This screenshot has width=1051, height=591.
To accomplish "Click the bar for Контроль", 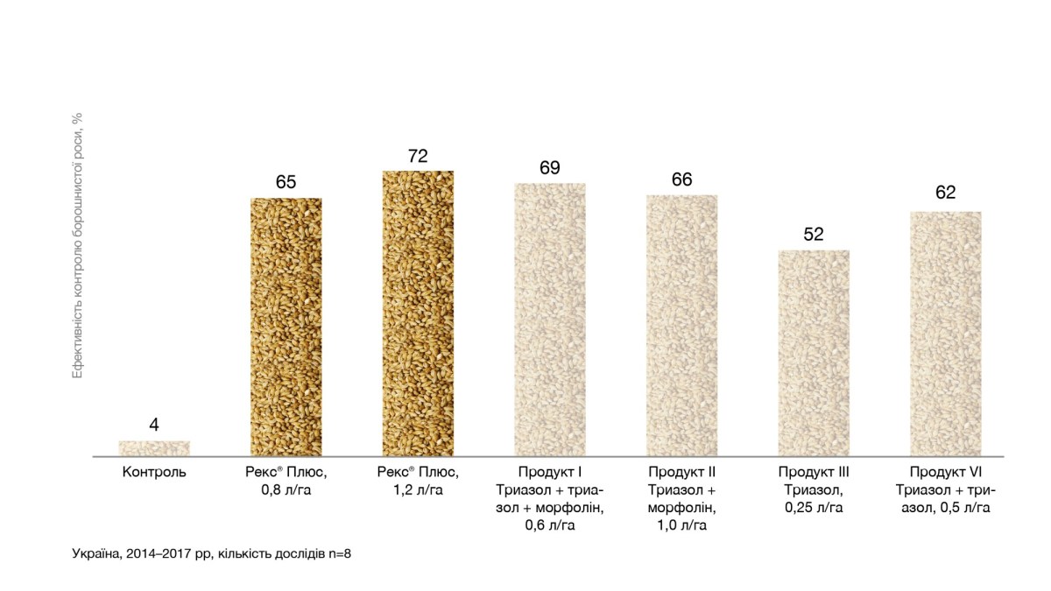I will coord(154,448).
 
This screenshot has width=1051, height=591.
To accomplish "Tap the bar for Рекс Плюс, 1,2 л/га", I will coord(418,313).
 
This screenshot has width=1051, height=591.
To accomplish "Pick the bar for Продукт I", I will coord(550,320).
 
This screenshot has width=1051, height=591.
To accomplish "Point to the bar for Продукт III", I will coord(814,353).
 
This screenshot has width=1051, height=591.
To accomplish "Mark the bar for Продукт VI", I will coord(946,334).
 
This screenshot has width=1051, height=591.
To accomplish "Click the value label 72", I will coord(418,156).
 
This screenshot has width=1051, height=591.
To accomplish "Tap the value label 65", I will coord(286,183).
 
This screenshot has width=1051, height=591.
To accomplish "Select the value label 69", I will coord(550,168).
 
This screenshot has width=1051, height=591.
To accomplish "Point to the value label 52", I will coord(814,236).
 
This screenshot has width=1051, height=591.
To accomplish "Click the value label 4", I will coord(154,426).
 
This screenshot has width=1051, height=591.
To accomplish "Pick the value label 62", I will coord(946,193).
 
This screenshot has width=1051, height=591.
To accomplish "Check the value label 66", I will coord(682,180).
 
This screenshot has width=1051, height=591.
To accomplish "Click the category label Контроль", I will coord(154,473).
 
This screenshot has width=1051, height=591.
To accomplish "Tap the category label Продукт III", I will coord(814,473).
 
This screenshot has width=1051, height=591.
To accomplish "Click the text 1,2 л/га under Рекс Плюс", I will coord(418,490).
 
